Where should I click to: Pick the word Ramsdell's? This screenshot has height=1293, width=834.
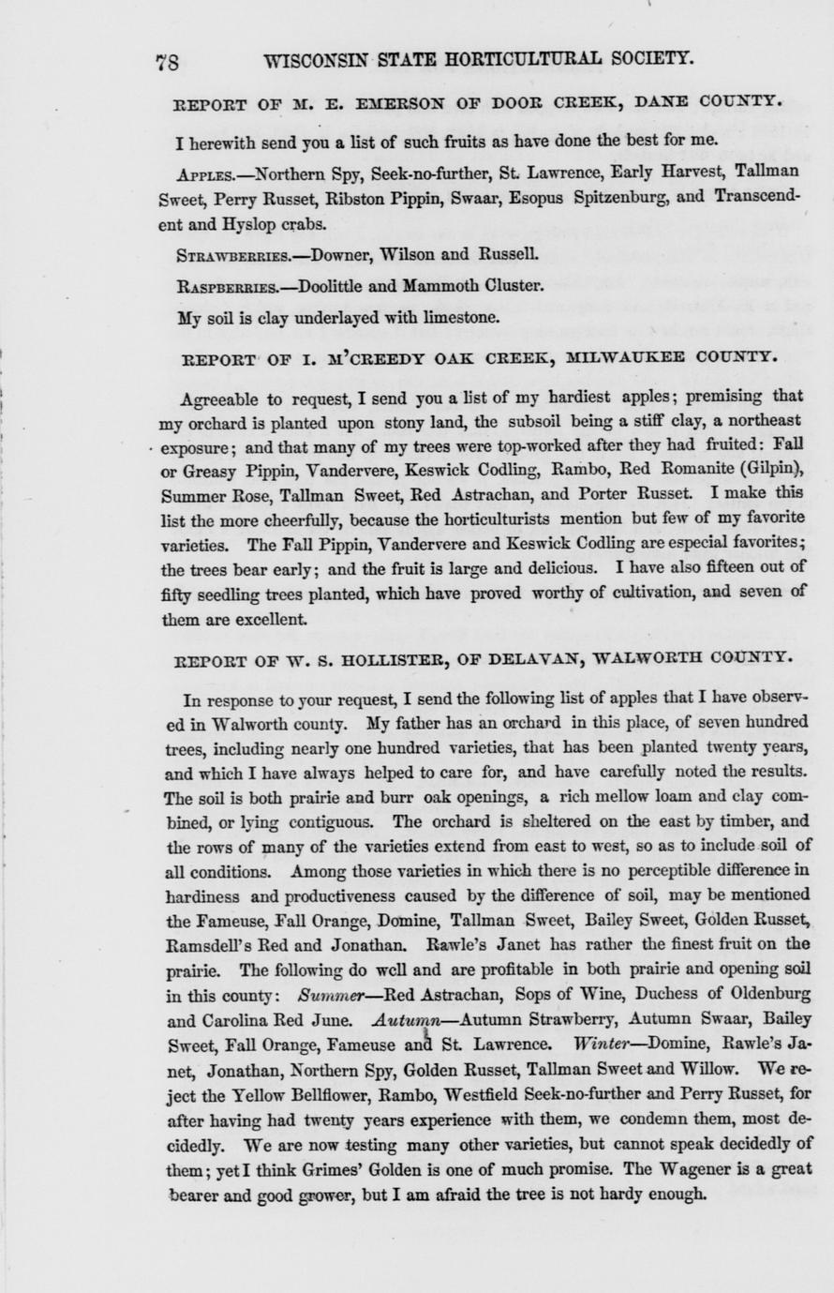click(208, 943)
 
